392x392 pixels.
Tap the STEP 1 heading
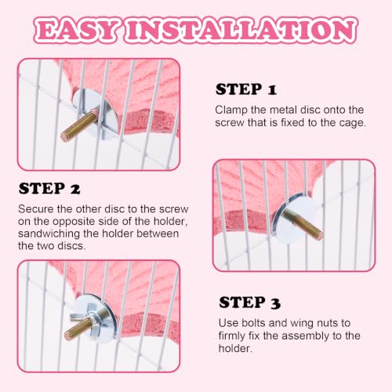[x=245, y=89]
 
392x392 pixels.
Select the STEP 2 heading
[x=49, y=188]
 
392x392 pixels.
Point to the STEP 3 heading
[x=249, y=303]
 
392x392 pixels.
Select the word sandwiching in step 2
[x=49, y=234]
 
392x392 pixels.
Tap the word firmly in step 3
[x=232, y=336]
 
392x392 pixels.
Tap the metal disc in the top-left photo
[x=96, y=113]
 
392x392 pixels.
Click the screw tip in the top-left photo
[x=64, y=136]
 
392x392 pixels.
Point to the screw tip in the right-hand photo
[x=320, y=235]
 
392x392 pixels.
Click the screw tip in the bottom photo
[x=68, y=336]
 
